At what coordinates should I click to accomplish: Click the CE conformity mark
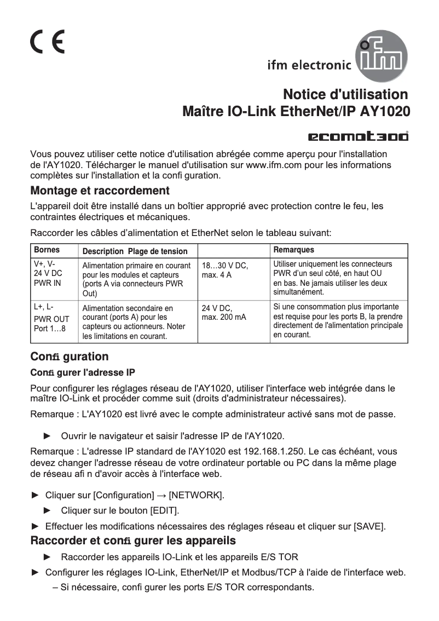click(47, 41)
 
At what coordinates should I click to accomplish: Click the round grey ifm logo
click(382, 56)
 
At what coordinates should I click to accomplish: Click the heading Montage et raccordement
click(100, 191)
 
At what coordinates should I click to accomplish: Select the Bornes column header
click(47, 250)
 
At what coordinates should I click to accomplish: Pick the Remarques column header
click(293, 250)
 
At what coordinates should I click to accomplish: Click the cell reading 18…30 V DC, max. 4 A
click(225, 270)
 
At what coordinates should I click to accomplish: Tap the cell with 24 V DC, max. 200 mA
click(224, 313)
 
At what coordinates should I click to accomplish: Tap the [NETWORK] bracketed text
click(196, 495)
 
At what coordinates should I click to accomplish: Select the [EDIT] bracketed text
click(164, 510)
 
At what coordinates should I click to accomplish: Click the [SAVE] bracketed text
click(369, 527)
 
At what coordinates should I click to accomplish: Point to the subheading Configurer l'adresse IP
click(83, 373)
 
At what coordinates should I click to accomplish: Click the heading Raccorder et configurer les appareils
click(133, 541)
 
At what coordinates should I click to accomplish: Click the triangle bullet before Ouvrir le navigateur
click(47, 436)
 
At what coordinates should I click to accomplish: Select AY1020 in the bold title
click(385, 111)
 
